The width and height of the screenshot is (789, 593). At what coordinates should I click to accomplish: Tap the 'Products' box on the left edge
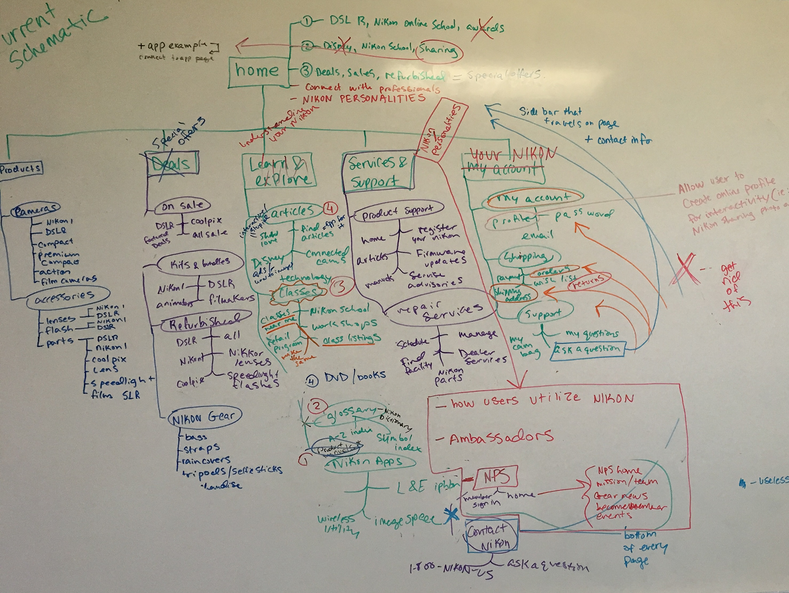click(21, 168)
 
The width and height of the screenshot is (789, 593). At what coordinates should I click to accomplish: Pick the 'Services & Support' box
click(377, 172)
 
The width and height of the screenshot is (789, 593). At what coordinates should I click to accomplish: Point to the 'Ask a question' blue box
click(588, 350)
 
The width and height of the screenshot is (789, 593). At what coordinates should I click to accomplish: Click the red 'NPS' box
click(496, 477)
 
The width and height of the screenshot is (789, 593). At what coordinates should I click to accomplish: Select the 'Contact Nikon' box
click(491, 537)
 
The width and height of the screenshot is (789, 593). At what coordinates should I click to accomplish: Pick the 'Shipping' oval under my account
click(530, 257)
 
